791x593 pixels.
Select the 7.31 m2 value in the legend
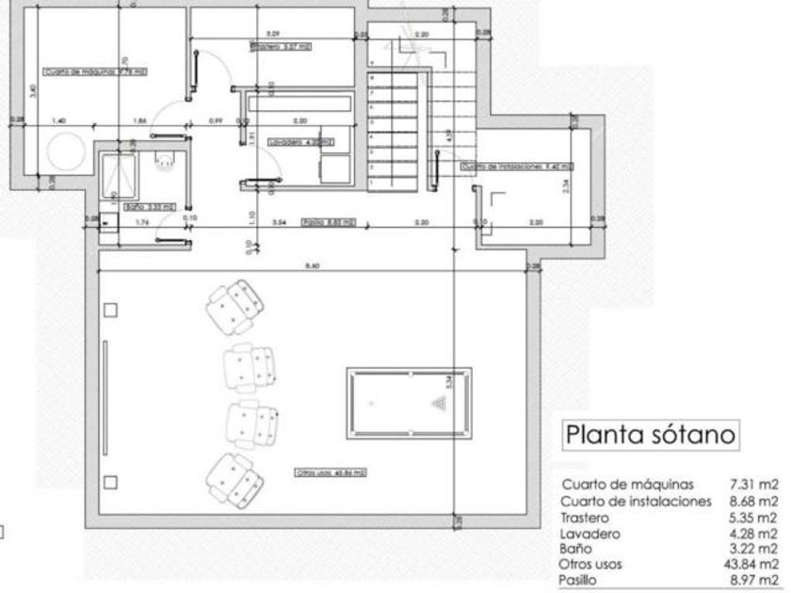[x=756, y=485]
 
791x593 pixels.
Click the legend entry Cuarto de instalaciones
[x=635, y=501]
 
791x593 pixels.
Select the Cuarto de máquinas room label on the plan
[x=97, y=71]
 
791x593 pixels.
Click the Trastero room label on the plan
[x=281, y=45]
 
